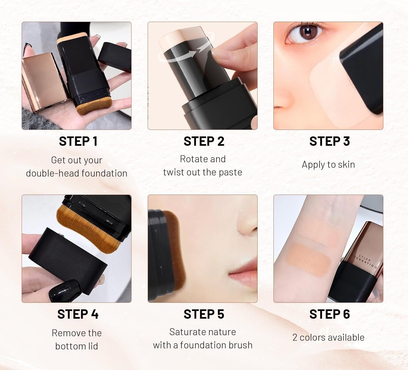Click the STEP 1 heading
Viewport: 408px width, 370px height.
[x=78, y=141]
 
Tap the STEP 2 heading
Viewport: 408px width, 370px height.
[x=204, y=141]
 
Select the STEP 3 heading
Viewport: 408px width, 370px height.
[x=330, y=141]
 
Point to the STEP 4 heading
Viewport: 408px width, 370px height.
[x=78, y=314]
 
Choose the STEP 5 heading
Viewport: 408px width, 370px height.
[x=204, y=314]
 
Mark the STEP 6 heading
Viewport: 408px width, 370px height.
[x=330, y=314]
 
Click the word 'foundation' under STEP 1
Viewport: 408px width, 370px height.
[x=105, y=173]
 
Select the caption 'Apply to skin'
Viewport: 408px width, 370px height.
[x=328, y=165]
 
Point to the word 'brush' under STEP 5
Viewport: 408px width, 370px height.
[x=240, y=345]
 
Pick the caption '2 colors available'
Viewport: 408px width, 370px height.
[x=328, y=337]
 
